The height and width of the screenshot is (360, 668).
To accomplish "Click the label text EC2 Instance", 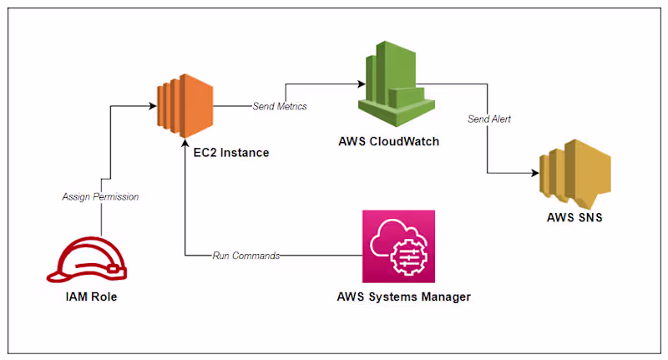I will tap(228, 154).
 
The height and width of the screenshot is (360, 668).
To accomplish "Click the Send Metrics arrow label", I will tap(280, 106).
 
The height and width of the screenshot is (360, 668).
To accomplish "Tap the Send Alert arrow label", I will tap(489, 119).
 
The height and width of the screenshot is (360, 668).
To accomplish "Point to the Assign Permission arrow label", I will tap(100, 197).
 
